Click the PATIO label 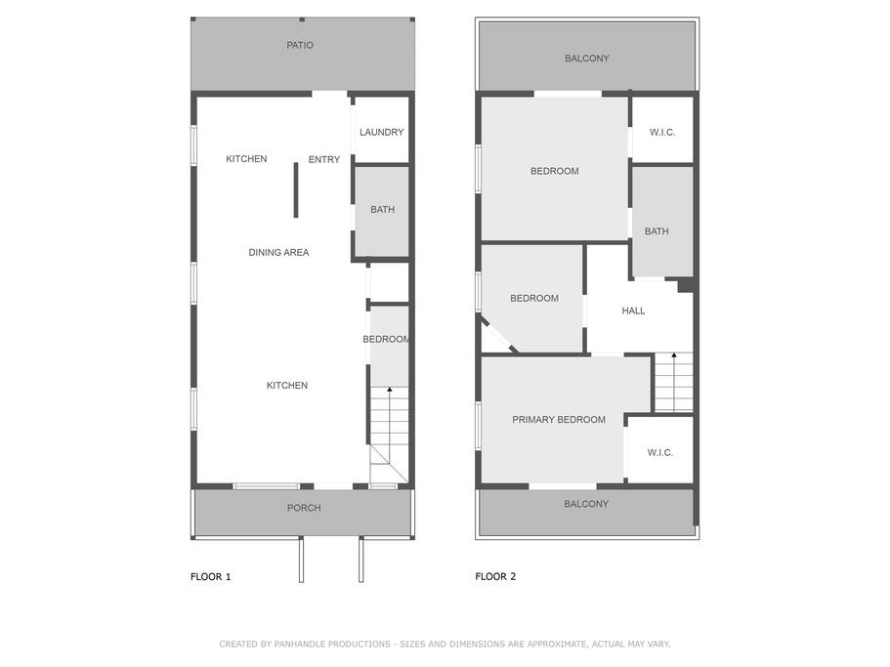coord(300,46)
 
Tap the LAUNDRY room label coord(381,133)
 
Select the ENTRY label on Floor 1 coord(324,160)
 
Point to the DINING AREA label coord(278,253)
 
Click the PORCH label coord(304,508)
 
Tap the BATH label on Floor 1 coord(382,210)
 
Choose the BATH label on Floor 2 coord(657,232)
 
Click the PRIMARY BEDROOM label coord(559,420)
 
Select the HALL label coord(633,312)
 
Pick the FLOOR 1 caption coord(210,577)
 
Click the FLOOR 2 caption coord(495,577)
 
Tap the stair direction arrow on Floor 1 coord(389,391)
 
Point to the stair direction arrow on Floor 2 coord(673,356)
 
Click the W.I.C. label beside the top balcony coord(662,133)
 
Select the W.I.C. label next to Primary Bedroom coord(660,453)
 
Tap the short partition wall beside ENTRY coord(296,190)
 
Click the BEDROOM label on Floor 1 coord(386,340)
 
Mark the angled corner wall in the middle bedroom coord(499,334)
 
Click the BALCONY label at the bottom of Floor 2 coord(586,505)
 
